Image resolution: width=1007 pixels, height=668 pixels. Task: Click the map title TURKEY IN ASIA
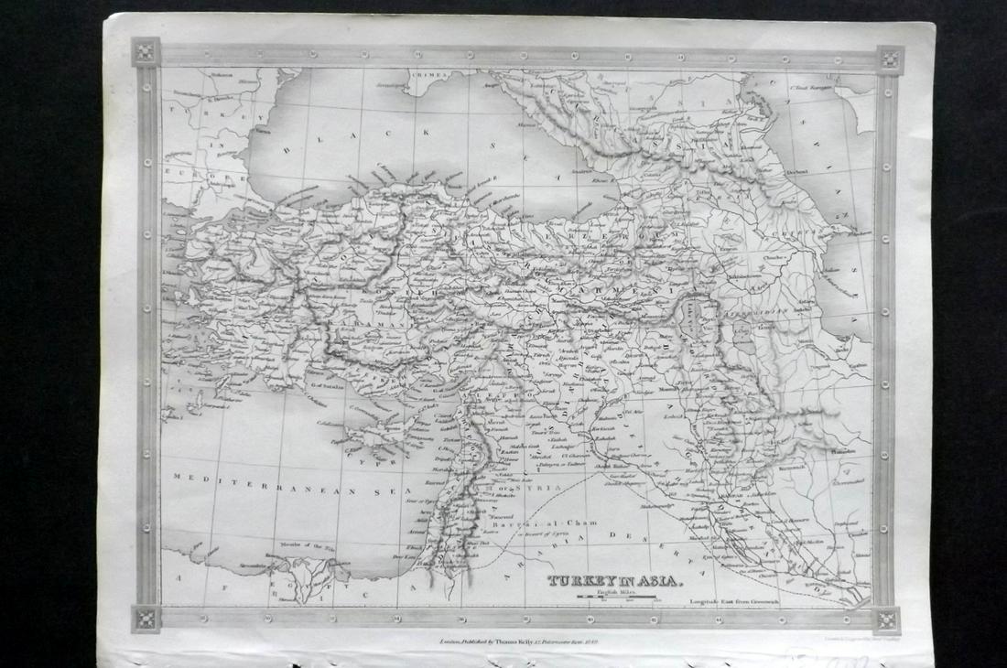pyautogui.click(x=613, y=580)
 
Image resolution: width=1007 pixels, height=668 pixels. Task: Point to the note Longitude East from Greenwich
pyautogui.click(x=734, y=602)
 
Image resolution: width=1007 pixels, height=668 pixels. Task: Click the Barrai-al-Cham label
pyautogui.click(x=544, y=523)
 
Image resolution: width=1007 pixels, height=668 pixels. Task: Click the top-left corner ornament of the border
pyautogui.click(x=145, y=51)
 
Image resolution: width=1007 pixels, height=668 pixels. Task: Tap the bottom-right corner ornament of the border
pyautogui.click(x=887, y=620)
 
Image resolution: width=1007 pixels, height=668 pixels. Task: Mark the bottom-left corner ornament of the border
pyautogui.click(x=146, y=618)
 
